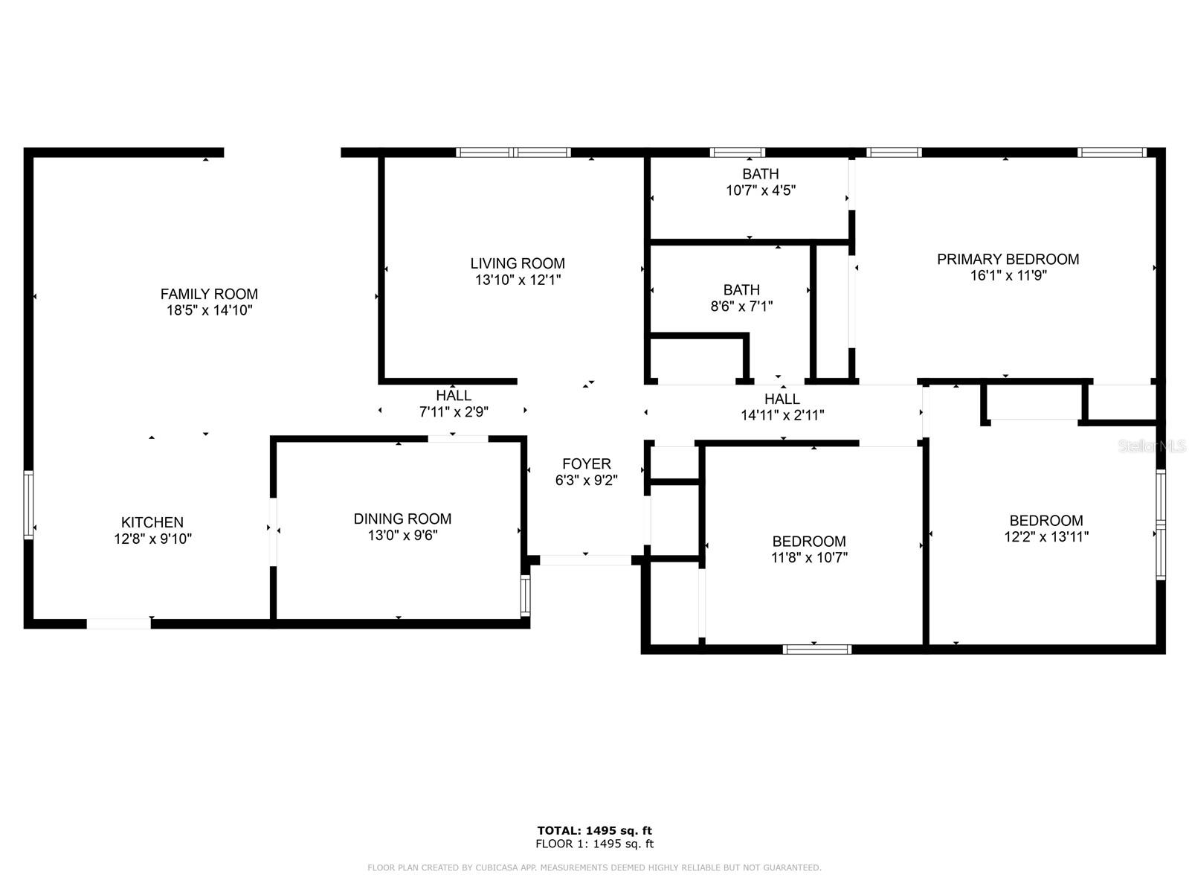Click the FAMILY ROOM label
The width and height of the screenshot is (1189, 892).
tap(209, 294)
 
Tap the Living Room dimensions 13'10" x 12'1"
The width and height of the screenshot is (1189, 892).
tap(518, 280)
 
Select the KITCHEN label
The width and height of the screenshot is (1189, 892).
tap(152, 522)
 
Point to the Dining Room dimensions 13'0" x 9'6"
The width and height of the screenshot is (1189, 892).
tap(402, 536)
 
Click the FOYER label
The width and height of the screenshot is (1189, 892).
tap(587, 464)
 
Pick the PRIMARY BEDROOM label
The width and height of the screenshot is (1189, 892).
tap(1008, 259)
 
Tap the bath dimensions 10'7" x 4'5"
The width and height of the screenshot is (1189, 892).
tap(761, 190)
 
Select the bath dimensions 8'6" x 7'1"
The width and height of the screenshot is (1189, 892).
tap(741, 307)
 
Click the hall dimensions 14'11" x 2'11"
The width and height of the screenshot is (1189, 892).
tap(782, 416)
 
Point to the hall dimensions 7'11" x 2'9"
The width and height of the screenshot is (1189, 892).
tap(454, 412)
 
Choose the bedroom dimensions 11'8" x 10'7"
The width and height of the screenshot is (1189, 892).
tap(809, 558)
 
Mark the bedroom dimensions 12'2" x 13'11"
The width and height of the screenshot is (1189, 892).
tap(1046, 537)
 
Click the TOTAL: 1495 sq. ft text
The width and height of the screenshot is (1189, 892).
tap(594, 830)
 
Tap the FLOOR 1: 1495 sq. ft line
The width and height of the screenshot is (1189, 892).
tap(594, 844)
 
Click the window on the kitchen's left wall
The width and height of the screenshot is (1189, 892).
tap(28, 504)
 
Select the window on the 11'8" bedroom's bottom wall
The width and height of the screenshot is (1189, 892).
tap(817, 649)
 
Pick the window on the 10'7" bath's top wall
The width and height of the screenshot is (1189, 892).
tap(737, 153)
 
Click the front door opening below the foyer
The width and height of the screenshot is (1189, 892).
tap(585, 560)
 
